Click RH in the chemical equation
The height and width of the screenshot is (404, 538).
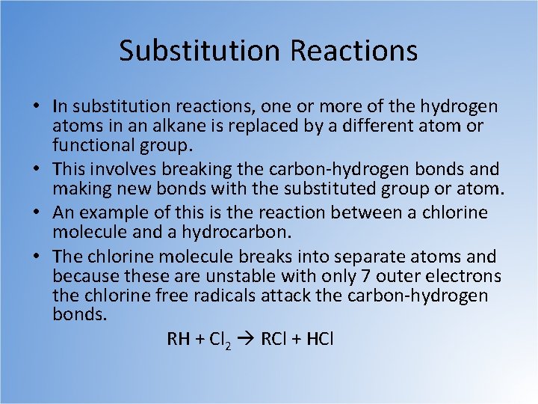point(179,339)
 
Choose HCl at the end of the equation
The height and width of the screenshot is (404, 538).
point(319,339)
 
